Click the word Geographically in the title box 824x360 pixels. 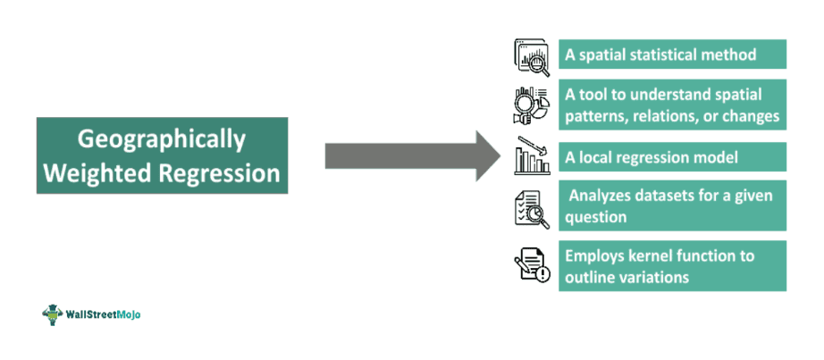point(162,139)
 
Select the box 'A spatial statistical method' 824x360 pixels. point(672,54)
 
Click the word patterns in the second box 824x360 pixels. point(597,116)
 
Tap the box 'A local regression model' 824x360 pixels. point(672,157)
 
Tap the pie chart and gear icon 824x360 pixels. point(534,105)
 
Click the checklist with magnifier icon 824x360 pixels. point(534,207)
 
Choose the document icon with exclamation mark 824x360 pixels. point(534,265)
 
